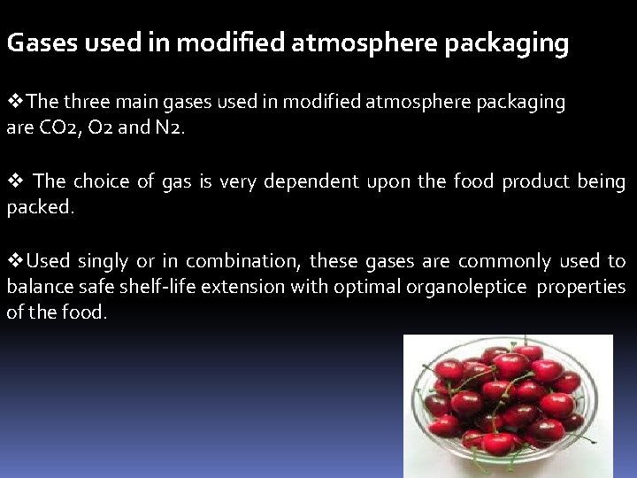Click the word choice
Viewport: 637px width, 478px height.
tap(100, 181)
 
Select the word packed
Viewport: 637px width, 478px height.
tap(39, 207)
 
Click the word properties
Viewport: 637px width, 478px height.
tap(581, 287)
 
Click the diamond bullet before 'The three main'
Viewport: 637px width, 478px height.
tap(14, 102)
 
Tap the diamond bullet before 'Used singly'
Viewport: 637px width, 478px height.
tap(14, 261)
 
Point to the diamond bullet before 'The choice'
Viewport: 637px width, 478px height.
tap(14, 181)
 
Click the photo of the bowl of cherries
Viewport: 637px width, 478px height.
tap(508, 405)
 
